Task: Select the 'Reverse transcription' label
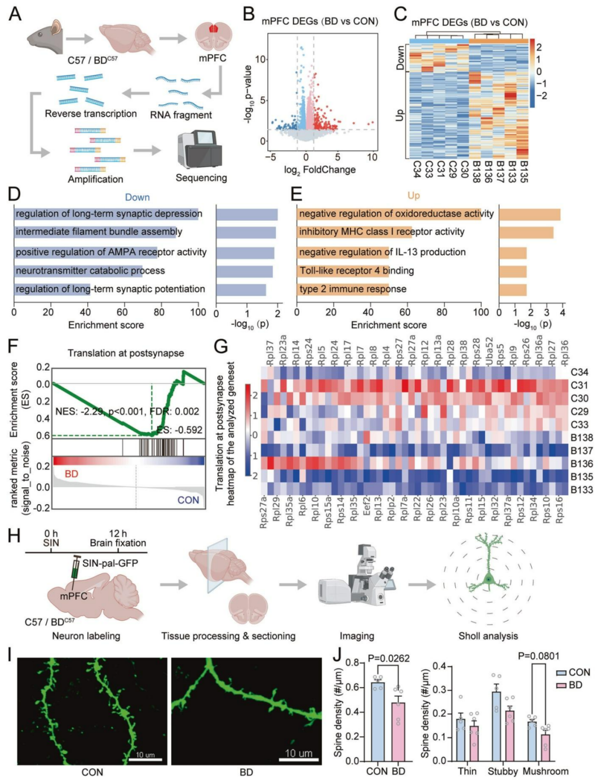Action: [x=91, y=114]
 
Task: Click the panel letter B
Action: [x=249, y=14]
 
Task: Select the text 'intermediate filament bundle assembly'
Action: [x=99, y=232]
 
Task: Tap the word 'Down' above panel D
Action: [x=137, y=197]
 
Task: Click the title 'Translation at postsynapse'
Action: [x=126, y=353]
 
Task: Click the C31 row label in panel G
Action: [x=579, y=385]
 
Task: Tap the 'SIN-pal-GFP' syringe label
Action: [x=110, y=563]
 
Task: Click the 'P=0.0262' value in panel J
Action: [x=388, y=658]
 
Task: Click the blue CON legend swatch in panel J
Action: [x=561, y=673]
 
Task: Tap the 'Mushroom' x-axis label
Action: [x=545, y=771]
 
